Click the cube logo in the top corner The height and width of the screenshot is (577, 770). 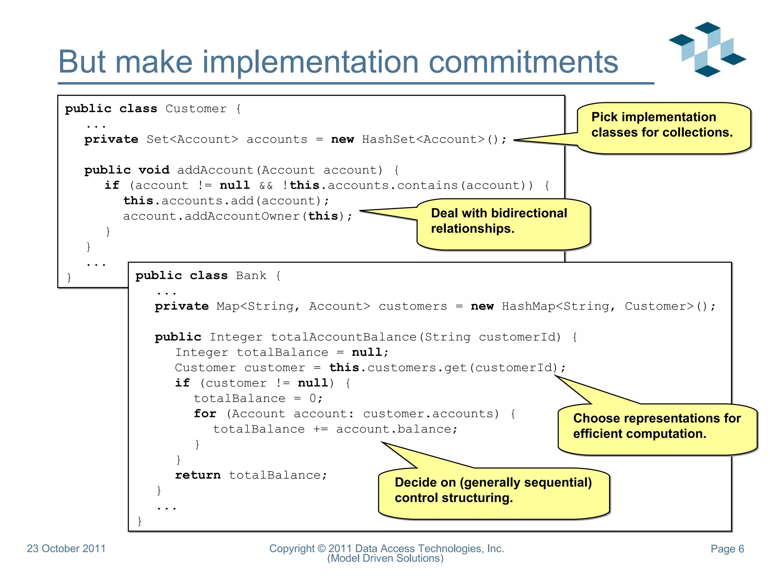[x=707, y=50]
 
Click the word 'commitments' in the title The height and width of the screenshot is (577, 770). [x=523, y=62]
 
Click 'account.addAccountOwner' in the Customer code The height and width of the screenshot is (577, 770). [x=211, y=216]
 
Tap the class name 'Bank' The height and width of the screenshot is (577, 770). [x=251, y=276]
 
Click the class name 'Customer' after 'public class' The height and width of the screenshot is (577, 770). [x=196, y=109]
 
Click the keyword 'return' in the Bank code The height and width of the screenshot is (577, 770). [x=198, y=475]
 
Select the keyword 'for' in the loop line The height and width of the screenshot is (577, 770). [x=205, y=414]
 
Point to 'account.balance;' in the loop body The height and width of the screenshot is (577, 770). [x=397, y=429]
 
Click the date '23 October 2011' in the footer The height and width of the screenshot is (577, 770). [x=66, y=548]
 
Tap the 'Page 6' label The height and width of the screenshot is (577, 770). [x=727, y=549]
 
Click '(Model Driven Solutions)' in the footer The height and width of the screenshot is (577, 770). [x=385, y=559]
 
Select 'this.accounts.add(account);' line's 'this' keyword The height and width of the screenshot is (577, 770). [x=138, y=201]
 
